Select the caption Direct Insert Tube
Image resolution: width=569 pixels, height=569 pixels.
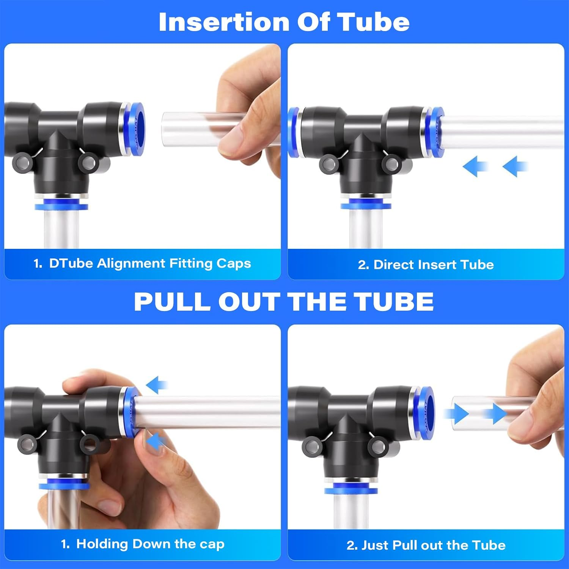tap(426, 265)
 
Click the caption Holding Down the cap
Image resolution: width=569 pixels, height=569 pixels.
tap(143, 544)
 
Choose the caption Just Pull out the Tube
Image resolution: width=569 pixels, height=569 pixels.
tap(426, 545)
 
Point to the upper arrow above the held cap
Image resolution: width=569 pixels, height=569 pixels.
tap(157, 385)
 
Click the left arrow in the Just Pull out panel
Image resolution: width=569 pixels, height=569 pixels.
tap(457, 413)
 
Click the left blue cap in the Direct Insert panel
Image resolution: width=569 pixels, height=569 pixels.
tap(293, 132)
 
